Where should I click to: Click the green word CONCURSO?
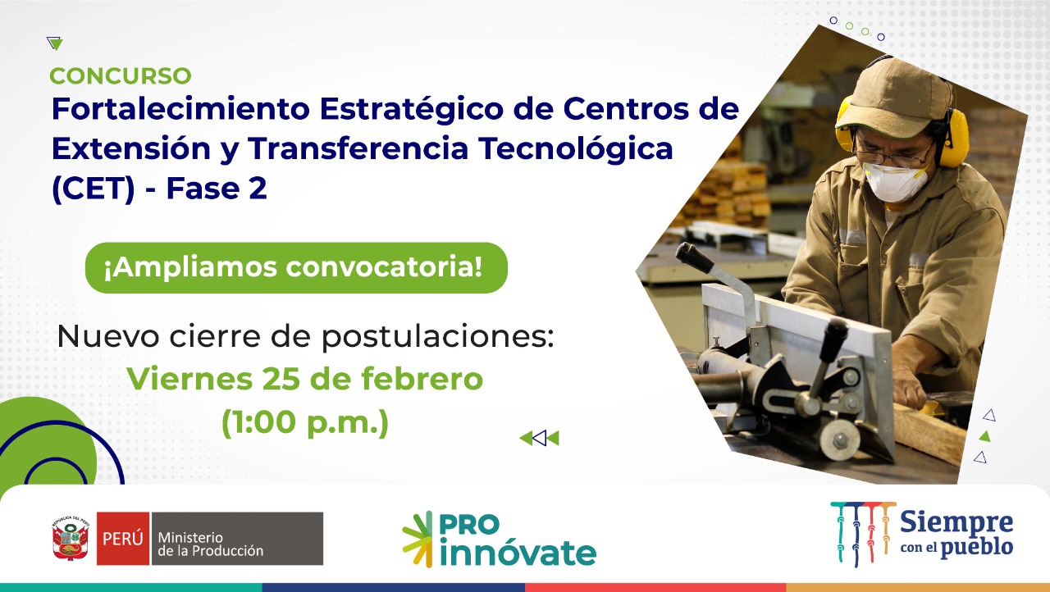121,76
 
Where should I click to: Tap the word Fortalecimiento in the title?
181,109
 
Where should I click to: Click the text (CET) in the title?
94,189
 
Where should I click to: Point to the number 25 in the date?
281,379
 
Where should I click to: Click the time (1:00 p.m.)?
305,422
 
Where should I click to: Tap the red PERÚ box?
123,538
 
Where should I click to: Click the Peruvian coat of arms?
71,538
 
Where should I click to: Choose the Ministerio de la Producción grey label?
237,538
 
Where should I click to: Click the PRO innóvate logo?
499,539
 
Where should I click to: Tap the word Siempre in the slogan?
956,522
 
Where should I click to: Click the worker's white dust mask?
894,182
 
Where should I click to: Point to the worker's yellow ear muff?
953,133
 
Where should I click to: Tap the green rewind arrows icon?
539,438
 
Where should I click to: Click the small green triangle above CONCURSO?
55,43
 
